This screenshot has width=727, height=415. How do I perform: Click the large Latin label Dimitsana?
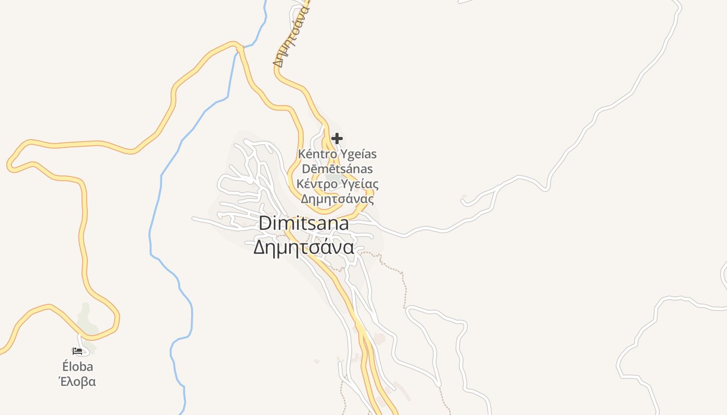(304, 223)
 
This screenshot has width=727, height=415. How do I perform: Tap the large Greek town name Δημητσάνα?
(304, 247)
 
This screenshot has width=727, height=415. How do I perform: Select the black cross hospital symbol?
(337, 139)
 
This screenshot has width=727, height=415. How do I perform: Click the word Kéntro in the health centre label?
(317, 154)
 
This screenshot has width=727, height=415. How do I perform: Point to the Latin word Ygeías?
(358, 154)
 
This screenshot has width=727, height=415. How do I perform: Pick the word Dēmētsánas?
(338, 169)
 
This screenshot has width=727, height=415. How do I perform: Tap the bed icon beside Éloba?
(77, 351)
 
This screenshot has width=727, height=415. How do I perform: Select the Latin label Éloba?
(77, 367)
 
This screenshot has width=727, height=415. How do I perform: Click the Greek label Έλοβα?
(77, 382)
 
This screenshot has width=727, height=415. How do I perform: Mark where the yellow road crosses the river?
(239, 47)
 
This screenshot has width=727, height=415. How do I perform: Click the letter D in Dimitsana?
(265, 223)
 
